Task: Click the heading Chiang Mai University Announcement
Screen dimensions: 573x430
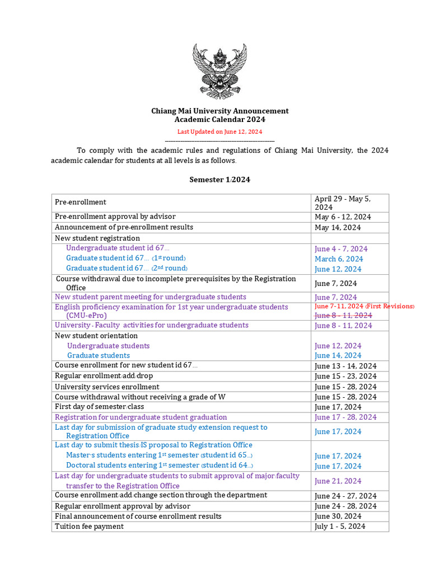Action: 219,111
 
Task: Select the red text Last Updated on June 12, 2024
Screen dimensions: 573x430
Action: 219,131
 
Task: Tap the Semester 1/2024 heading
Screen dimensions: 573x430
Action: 219,180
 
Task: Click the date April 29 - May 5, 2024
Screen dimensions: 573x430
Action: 343,203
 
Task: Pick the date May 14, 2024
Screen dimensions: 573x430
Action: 338,227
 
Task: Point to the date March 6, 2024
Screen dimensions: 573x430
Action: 339,259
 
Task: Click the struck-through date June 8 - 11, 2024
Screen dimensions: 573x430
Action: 343,316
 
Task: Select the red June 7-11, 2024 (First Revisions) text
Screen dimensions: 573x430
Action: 364,307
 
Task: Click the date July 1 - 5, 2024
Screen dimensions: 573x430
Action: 340,527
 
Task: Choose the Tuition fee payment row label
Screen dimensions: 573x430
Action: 89,527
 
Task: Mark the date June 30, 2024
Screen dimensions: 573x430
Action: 338,516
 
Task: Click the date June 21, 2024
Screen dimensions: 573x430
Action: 338,481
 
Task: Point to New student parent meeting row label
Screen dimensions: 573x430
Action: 150,297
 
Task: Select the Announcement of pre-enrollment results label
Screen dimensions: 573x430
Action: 124,227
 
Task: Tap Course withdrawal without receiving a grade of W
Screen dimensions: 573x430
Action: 140,397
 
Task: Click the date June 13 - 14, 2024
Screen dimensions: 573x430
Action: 345,366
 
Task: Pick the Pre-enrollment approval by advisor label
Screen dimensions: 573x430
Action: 115,217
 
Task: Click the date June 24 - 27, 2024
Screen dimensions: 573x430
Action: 345,496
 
